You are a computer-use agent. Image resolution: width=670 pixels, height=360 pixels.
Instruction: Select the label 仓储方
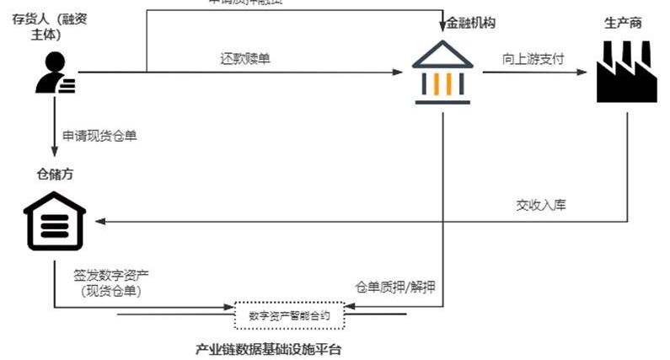(56, 175)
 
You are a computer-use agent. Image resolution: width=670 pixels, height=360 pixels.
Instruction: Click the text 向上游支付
(532, 60)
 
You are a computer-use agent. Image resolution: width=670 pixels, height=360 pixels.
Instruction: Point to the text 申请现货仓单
(99, 135)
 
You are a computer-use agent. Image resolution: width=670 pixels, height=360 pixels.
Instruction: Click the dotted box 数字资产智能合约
(289, 316)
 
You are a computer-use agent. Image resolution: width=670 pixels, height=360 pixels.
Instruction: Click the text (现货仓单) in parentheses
(106, 291)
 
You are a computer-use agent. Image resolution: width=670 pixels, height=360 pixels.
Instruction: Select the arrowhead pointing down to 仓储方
(56, 155)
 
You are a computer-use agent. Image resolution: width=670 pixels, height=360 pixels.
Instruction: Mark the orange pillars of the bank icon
(442, 82)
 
